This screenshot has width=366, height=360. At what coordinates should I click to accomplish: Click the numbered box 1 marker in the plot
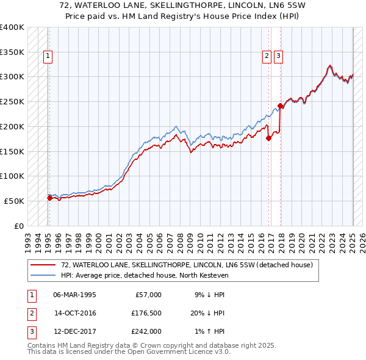pos(48,57)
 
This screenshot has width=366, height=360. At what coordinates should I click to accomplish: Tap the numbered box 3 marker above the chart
pos(278,57)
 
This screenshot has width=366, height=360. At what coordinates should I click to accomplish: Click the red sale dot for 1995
pos(49,197)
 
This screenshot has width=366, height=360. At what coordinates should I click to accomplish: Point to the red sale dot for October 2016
pos(268,138)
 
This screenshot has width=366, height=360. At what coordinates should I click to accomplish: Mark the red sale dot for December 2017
pos(280,106)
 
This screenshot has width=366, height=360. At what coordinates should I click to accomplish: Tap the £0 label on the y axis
pos(18,226)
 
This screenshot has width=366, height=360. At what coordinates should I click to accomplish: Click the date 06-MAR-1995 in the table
pos(74,295)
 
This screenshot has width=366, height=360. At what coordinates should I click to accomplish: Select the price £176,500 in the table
pos(146,313)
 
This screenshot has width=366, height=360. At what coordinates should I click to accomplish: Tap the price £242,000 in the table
pos(146,331)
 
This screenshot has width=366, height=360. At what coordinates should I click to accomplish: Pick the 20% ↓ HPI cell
pos(207,313)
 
